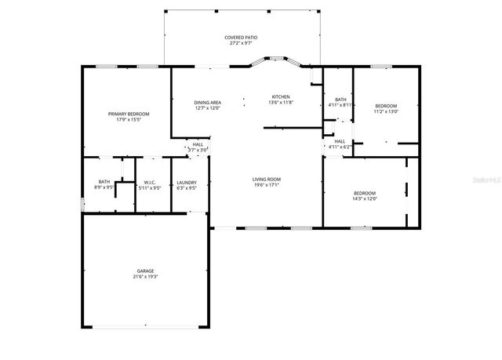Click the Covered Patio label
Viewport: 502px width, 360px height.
pyautogui.click(x=241, y=37)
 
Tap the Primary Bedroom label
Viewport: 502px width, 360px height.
pyautogui.click(x=129, y=114)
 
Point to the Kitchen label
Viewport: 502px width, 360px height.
pyautogui.click(x=280, y=97)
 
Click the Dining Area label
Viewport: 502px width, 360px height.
pyautogui.click(x=207, y=103)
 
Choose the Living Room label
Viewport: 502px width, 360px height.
pyautogui.click(x=266, y=179)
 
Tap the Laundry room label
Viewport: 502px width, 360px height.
pyautogui.click(x=187, y=182)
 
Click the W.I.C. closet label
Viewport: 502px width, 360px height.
pyautogui.click(x=149, y=182)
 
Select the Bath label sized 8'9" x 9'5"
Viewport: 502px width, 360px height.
pyautogui.click(x=104, y=182)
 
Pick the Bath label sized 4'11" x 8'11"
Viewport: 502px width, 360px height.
pyautogui.click(x=340, y=100)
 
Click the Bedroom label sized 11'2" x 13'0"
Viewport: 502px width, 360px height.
pyautogui.click(x=386, y=106)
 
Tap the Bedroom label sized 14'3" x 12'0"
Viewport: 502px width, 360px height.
pyautogui.click(x=365, y=193)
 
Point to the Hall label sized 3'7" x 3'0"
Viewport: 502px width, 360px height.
pyautogui.click(x=198, y=144)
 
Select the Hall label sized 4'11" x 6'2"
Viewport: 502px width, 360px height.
pyautogui.click(x=340, y=141)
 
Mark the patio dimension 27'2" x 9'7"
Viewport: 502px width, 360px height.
pyautogui.click(x=241, y=42)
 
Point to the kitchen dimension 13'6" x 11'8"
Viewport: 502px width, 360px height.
pyautogui.click(x=280, y=103)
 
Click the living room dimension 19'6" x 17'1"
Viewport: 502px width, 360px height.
pyautogui.click(x=266, y=184)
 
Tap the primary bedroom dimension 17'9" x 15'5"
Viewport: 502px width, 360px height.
pyautogui.click(x=129, y=119)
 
